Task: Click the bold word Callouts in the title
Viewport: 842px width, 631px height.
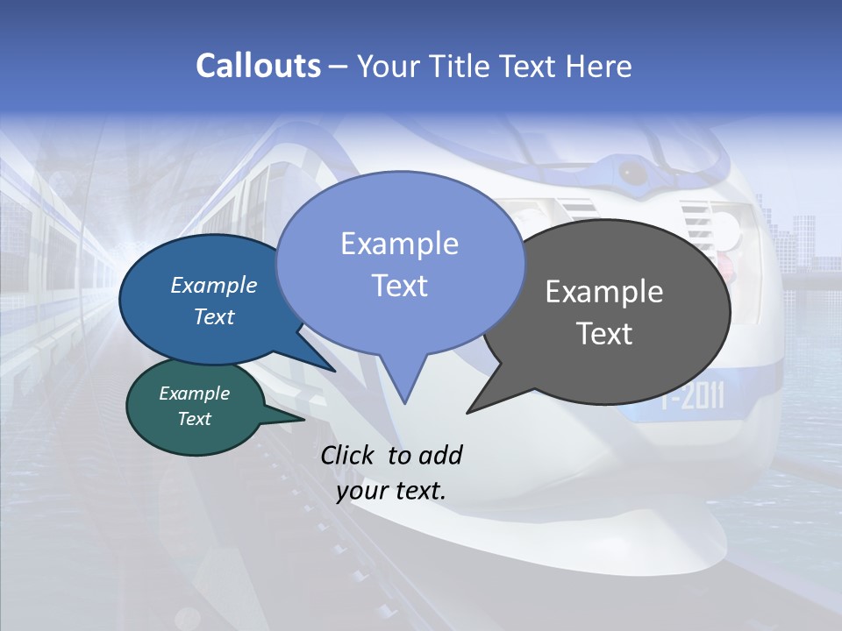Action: tap(258, 66)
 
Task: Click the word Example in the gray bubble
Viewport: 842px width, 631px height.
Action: tap(604, 292)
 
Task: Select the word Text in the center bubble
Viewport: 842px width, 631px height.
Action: tap(399, 286)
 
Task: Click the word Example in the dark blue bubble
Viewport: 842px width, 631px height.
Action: tap(213, 285)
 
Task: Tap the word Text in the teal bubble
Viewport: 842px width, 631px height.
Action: tap(194, 419)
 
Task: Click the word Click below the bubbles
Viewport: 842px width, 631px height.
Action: tap(347, 455)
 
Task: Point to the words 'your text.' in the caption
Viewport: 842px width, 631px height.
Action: tap(391, 491)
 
